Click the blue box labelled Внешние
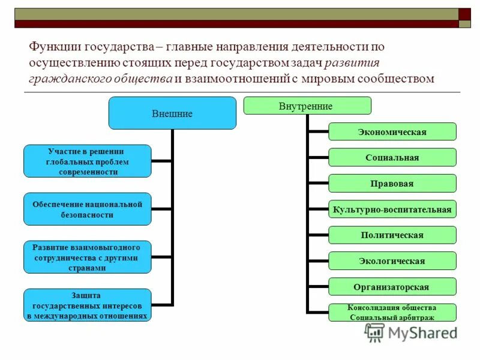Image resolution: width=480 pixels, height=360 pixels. pyautogui.click(x=172, y=113)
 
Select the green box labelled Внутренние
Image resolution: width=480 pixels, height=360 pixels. pyautogui.click(x=307, y=106)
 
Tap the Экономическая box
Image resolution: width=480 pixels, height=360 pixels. pyautogui.click(x=392, y=132)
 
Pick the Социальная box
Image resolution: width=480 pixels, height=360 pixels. pyautogui.click(x=392, y=157)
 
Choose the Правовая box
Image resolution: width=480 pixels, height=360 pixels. pyautogui.click(x=392, y=183)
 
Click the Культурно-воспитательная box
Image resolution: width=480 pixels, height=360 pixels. pyautogui.click(x=392, y=209)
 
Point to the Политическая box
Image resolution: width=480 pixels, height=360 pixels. pyautogui.click(x=392, y=235)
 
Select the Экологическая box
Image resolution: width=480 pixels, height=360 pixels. pyautogui.click(x=392, y=261)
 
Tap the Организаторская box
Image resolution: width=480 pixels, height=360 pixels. pyautogui.click(x=392, y=287)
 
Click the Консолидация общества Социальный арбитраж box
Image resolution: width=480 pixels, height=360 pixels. pyautogui.click(x=392, y=312)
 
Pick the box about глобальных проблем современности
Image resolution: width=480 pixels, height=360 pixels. pyautogui.click(x=88, y=161)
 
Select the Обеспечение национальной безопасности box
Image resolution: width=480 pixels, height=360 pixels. pyautogui.click(x=88, y=209)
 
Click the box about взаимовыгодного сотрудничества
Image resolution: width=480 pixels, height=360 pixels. pyautogui.click(x=88, y=257)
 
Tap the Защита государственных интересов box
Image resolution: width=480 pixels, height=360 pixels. pyautogui.click(x=88, y=305)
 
